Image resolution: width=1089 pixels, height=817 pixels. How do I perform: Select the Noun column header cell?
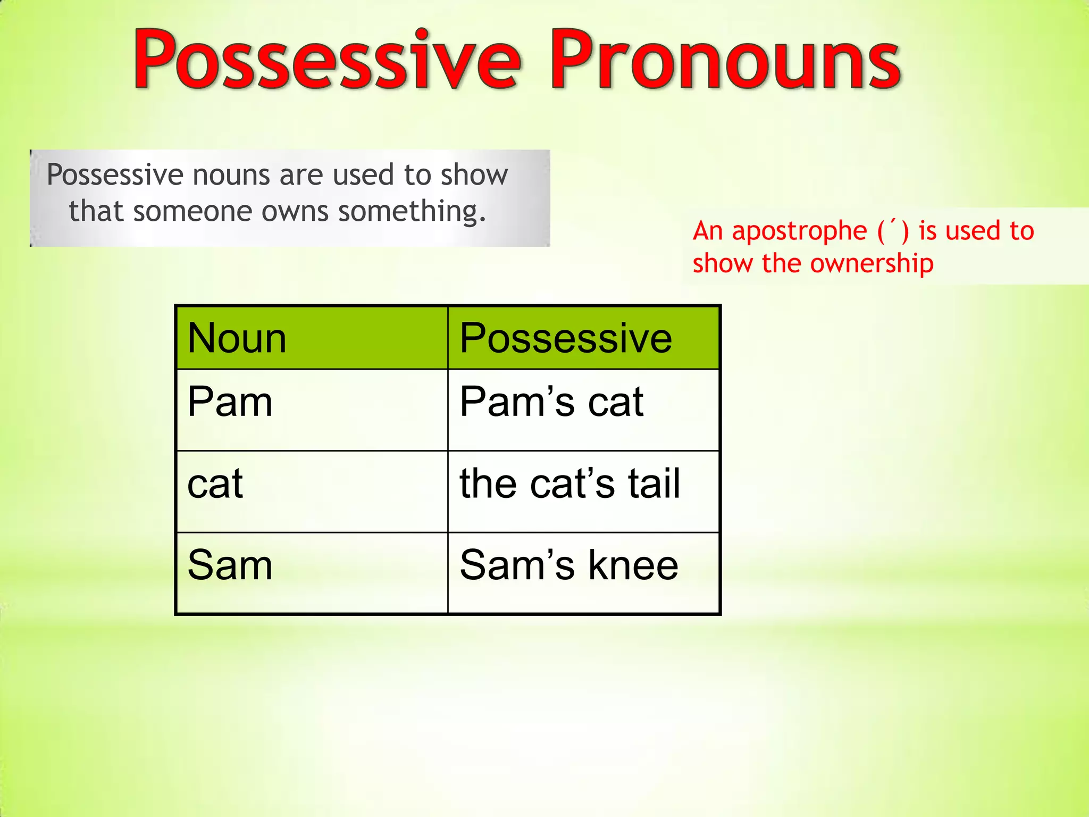(x=312, y=338)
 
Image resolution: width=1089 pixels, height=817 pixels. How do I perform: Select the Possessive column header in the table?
(x=583, y=338)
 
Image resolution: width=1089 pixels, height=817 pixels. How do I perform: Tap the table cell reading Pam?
(x=312, y=410)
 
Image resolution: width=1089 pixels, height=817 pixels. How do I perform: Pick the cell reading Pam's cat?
(x=583, y=410)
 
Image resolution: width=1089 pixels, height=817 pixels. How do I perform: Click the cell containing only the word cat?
(x=312, y=491)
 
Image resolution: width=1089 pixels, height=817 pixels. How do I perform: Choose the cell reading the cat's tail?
(x=583, y=491)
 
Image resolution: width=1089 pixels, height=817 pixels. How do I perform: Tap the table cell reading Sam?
(x=312, y=573)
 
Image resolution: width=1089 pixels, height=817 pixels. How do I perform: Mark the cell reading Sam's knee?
(x=583, y=573)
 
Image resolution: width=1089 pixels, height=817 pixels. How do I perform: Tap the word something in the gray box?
(x=412, y=212)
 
